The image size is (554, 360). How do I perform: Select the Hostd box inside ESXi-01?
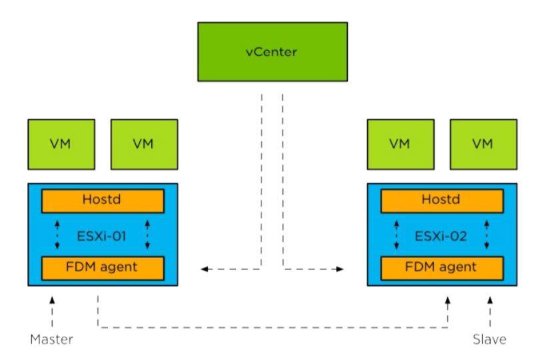[x=103, y=200]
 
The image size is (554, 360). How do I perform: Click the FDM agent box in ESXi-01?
[x=103, y=267]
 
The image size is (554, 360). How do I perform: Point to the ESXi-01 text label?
[x=103, y=234]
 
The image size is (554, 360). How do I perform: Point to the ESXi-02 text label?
[x=441, y=234]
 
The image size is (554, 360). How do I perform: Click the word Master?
[x=51, y=340]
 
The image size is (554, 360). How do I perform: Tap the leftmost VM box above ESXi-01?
[x=61, y=143]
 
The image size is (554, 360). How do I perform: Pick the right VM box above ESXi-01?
[x=144, y=143]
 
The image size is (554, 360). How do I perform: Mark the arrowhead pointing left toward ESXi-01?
[x=205, y=269]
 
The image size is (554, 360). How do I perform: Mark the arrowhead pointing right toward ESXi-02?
[x=341, y=269]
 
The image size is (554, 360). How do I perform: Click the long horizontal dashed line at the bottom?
[x=273, y=327]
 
